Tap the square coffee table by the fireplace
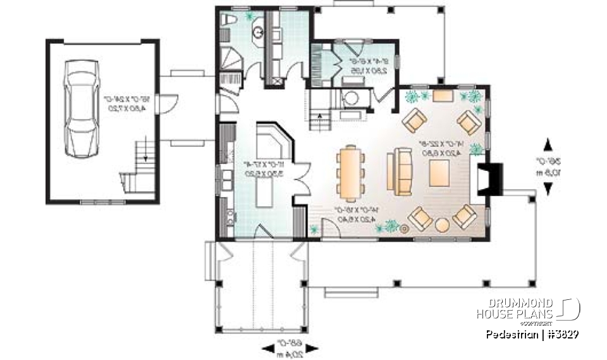tap(439, 173)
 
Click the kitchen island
tap(263, 194)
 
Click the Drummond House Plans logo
tap(527, 309)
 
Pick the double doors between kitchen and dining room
tap(300, 177)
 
